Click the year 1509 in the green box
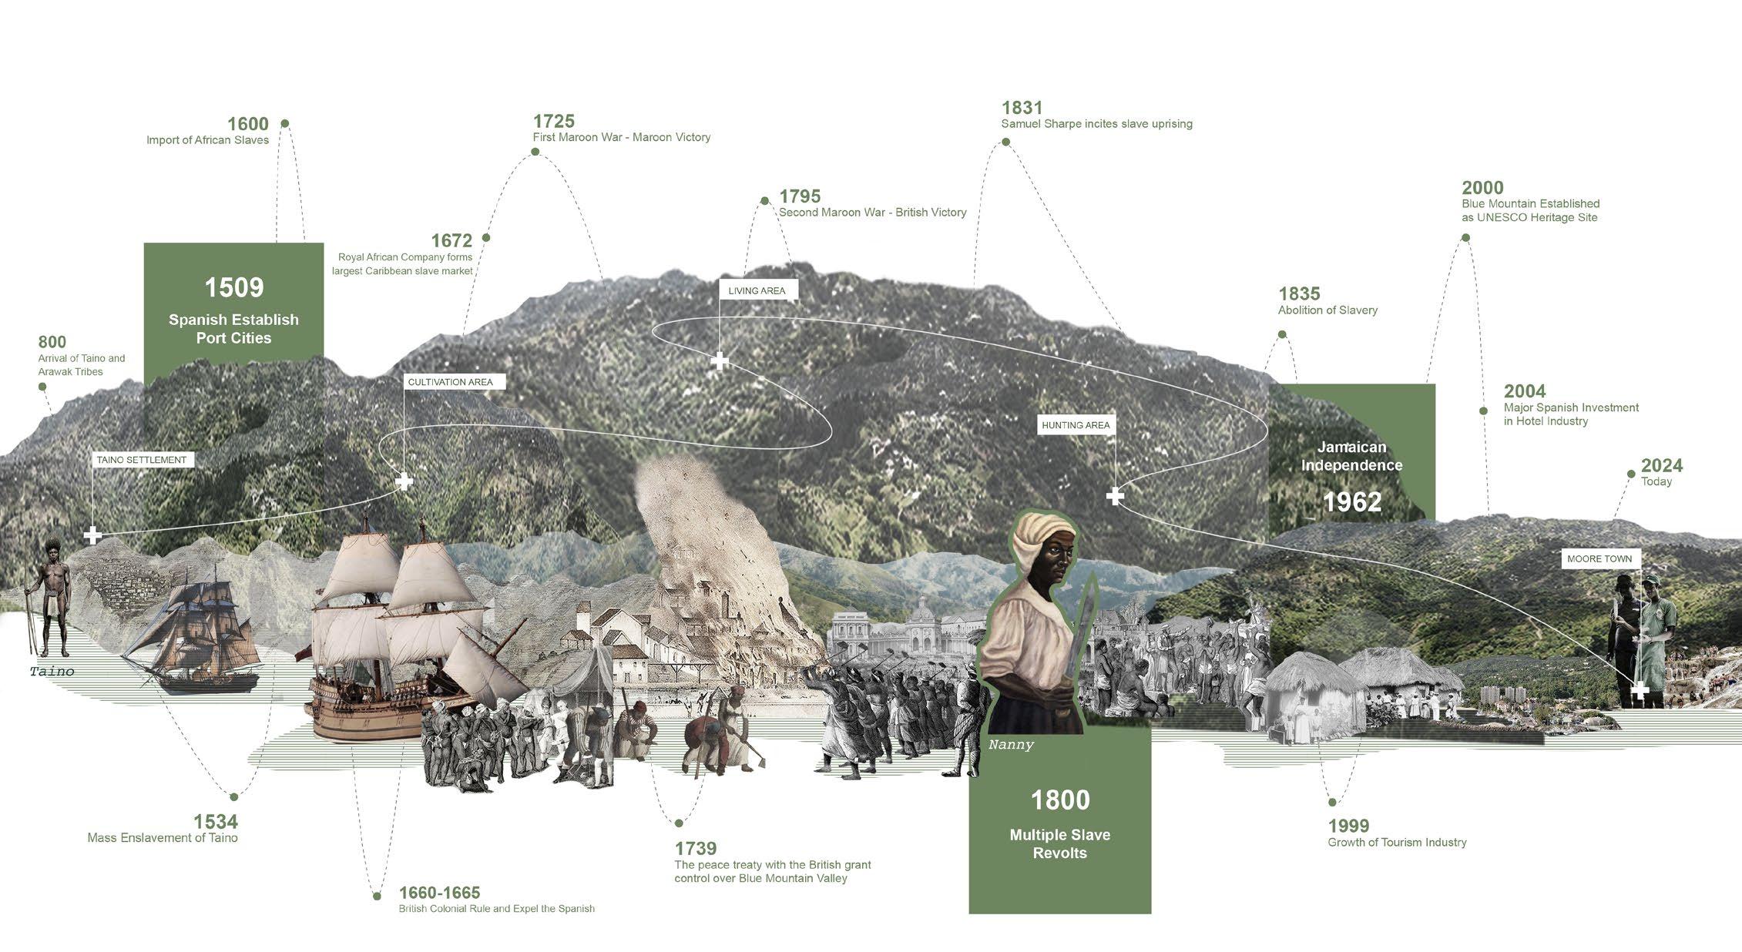pyautogui.click(x=233, y=287)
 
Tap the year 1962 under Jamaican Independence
pyautogui.click(x=1352, y=502)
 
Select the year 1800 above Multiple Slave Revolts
pyautogui.click(x=1060, y=800)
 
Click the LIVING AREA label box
pyautogui.click(x=757, y=290)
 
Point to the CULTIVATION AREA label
pyautogui.click(x=450, y=382)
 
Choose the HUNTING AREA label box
pyautogui.click(x=1076, y=425)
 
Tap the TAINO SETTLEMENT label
pyautogui.click(x=142, y=460)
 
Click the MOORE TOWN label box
pyautogui.click(x=1599, y=558)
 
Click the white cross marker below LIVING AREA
pyautogui.click(x=720, y=360)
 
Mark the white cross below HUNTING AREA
pyautogui.click(x=1115, y=496)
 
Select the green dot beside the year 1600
pyautogui.click(x=285, y=123)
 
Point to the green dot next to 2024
pyautogui.click(x=1631, y=474)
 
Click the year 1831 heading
pyautogui.click(x=1022, y=108)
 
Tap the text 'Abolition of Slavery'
pyautogui.click(x=1327, y=310)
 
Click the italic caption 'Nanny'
pyautogui.click(x=1011, y=745)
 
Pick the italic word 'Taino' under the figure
pyautogui.click(x=52, y=672)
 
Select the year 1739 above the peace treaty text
pyautogui.click(x=696, y=848)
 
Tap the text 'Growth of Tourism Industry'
pyautogui.click(x=1397, y=843)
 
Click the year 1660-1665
pyautogui.click(x=439, y=893)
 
